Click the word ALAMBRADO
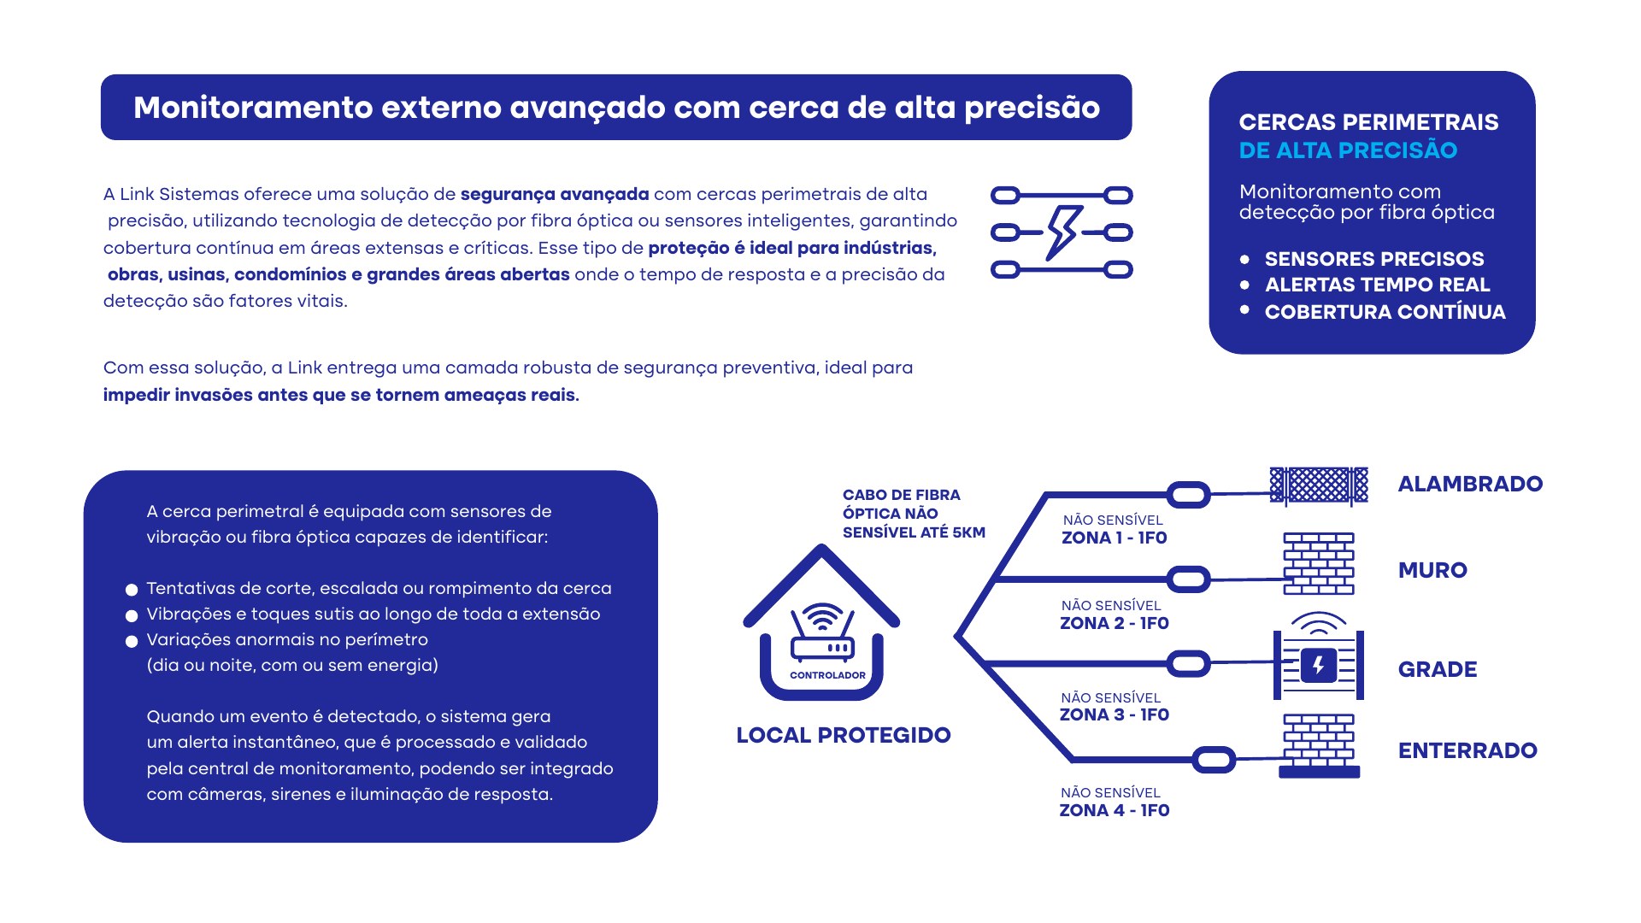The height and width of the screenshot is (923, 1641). click(x=1470, y=484)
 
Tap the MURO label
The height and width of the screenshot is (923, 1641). click(x=1432, y=570)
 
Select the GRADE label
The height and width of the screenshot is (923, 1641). click(x=1438, y=669)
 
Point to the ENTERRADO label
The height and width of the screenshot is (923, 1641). click(x=1467, y=750)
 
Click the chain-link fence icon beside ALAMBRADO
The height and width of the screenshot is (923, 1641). click(x=1319, y=485)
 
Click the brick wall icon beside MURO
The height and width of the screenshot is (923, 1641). click(x=1319, y=563)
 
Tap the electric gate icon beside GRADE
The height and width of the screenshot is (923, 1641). click(x=1319, y=656)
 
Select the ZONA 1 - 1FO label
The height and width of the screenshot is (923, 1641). click(x=1115, y=538)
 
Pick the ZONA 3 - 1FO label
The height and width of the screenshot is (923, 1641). click(x=1115, y=714)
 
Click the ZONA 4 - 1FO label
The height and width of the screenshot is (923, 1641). click(x=1115, y=810)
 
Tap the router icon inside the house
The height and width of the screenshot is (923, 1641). click(x=822, y=633)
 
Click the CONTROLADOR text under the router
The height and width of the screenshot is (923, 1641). click(x=827, y=675)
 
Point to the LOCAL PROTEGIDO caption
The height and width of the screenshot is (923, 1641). click(x=844, y=735)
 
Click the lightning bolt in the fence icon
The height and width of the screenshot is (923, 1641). click(x=1062, y=232)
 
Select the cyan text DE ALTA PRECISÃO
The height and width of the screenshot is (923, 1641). click(x=1348, y=150)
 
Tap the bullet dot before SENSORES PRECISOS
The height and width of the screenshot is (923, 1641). click(x=1244, y=259)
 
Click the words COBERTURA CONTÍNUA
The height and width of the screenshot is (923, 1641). click(x=1385, y=312)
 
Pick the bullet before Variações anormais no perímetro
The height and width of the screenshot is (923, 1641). click(x=132, y=641)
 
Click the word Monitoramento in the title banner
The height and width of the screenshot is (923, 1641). click(x=253, y=108)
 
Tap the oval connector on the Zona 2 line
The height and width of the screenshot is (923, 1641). click(x=1188, y=579)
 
